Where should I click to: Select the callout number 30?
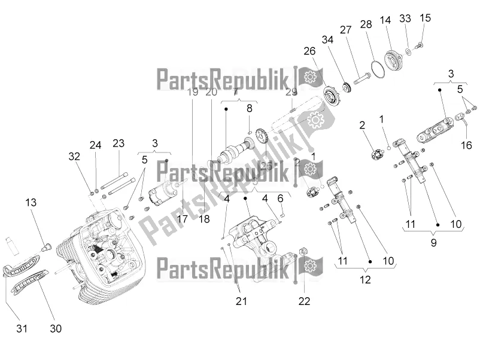(x=56, y=328)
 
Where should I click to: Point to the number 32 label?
(x=74, y=156)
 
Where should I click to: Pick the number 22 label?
(x=305, y=301)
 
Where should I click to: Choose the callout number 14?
(x=385, y=20)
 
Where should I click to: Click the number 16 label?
(x=467, y=145)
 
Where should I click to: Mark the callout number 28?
(x=366, y=24)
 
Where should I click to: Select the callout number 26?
(x=309, y=52)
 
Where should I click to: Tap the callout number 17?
(x=183, y=219)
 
